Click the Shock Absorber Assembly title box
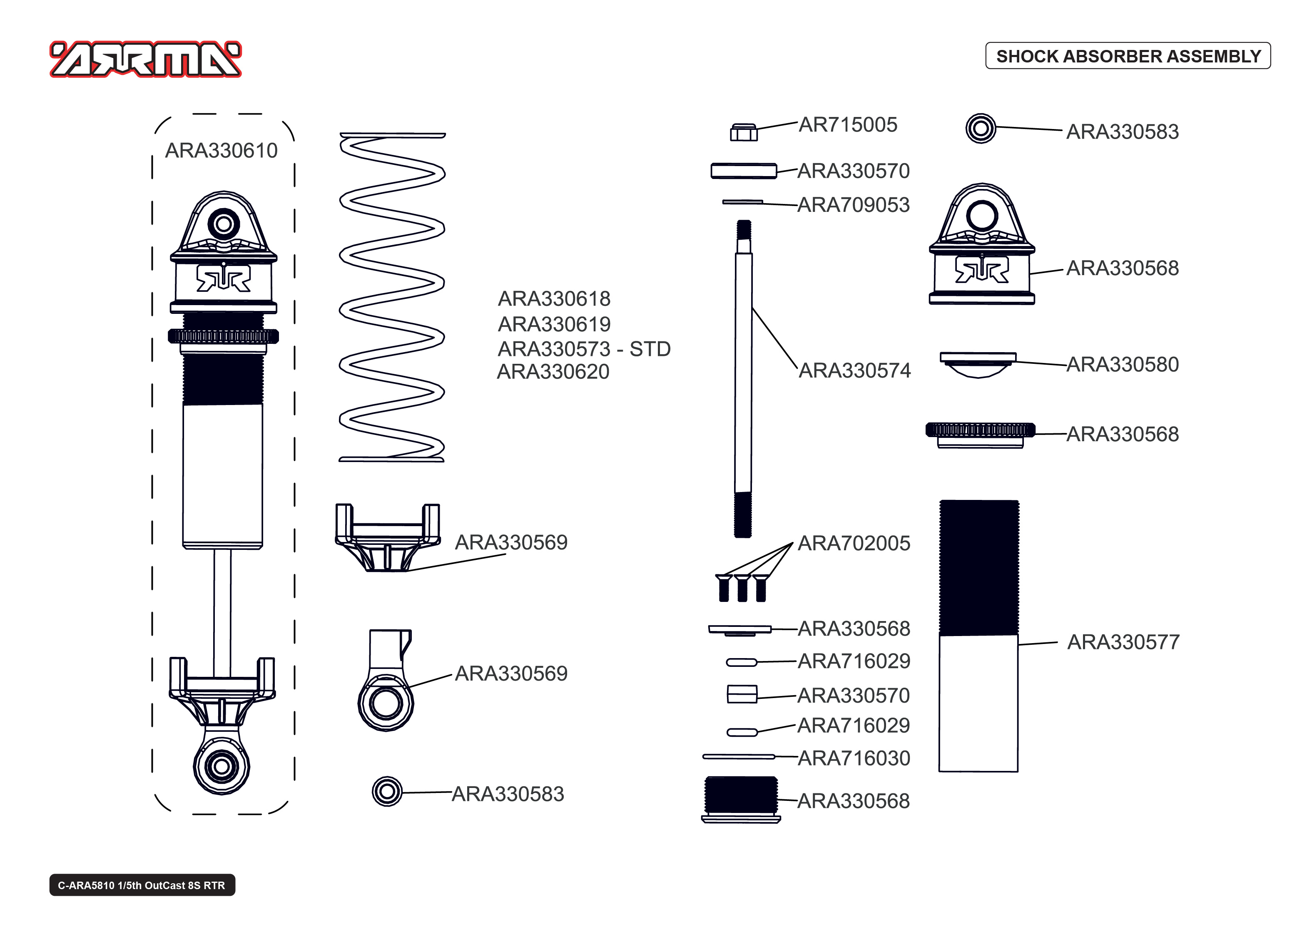point(1128,56)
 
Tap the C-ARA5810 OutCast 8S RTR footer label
point(142,885)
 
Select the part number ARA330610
point(221,151)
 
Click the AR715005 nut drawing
point(743,132)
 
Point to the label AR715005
point(848,124)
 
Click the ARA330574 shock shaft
point(743,375)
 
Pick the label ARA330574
point(854,370)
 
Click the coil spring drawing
point(392,297)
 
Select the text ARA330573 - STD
point(584,349)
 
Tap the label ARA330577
point(1123,642)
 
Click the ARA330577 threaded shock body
point(978,635)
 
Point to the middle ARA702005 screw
point(742,588)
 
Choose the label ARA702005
point(854,544)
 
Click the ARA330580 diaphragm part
point(978,364)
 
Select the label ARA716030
point(854,758)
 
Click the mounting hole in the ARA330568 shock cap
point(981,215)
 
